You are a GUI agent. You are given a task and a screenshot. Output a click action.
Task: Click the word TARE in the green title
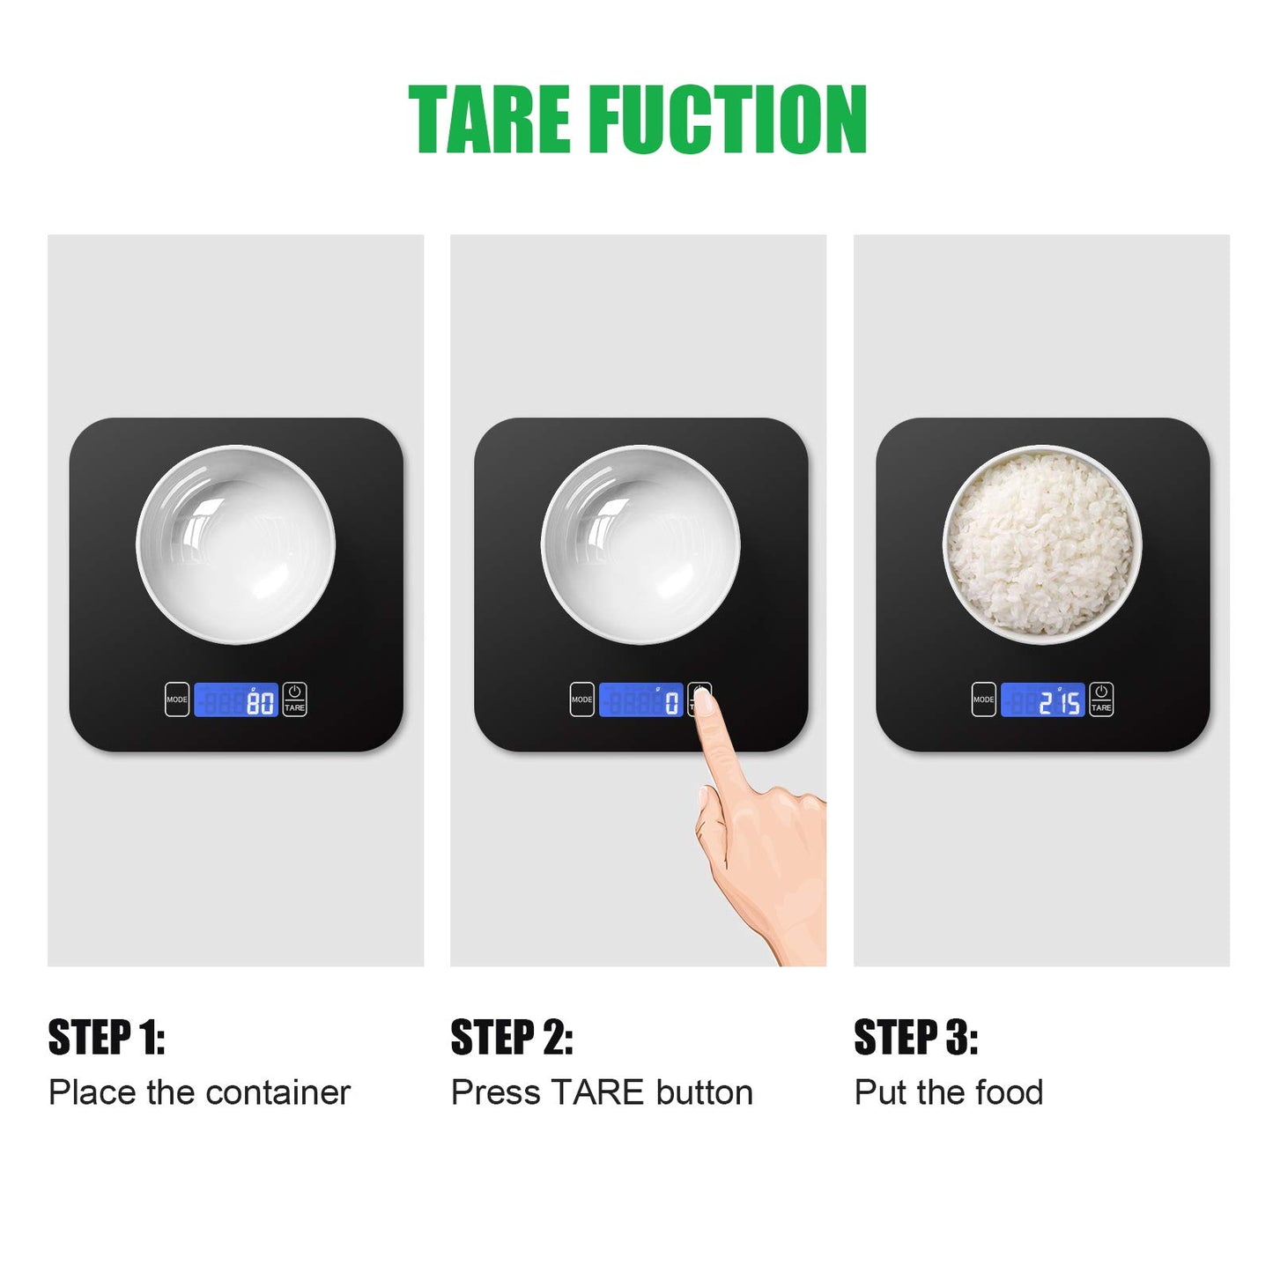click(490, 120)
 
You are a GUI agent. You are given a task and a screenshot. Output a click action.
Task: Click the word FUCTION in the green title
click(727, 120)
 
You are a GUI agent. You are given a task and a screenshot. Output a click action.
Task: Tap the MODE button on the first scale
click(176, 699)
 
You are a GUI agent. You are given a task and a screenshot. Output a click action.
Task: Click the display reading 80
click(236, 699)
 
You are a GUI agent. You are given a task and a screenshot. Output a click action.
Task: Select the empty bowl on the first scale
click(236, 544)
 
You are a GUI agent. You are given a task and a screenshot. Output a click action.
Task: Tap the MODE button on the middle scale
click(581, 699)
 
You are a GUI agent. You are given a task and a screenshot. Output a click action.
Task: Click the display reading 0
click(640, 699)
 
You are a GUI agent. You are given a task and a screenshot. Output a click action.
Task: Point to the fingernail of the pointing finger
click(704, 702)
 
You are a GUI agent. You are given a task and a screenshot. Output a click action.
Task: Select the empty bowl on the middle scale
click(640, 544)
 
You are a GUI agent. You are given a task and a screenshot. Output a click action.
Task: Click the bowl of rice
click(1042, 544)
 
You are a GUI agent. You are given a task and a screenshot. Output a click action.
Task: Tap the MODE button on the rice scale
click(984, 699)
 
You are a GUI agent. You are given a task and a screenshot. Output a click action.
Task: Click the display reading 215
click(1043, 699)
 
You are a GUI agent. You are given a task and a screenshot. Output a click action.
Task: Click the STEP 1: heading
click(107, 1037)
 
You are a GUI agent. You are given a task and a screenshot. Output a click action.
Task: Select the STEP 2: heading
click(511, 1037)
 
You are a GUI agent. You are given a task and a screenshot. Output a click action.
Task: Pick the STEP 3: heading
click(915, 1037)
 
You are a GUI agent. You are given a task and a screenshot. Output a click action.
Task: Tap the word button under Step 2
click(704, 1092)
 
